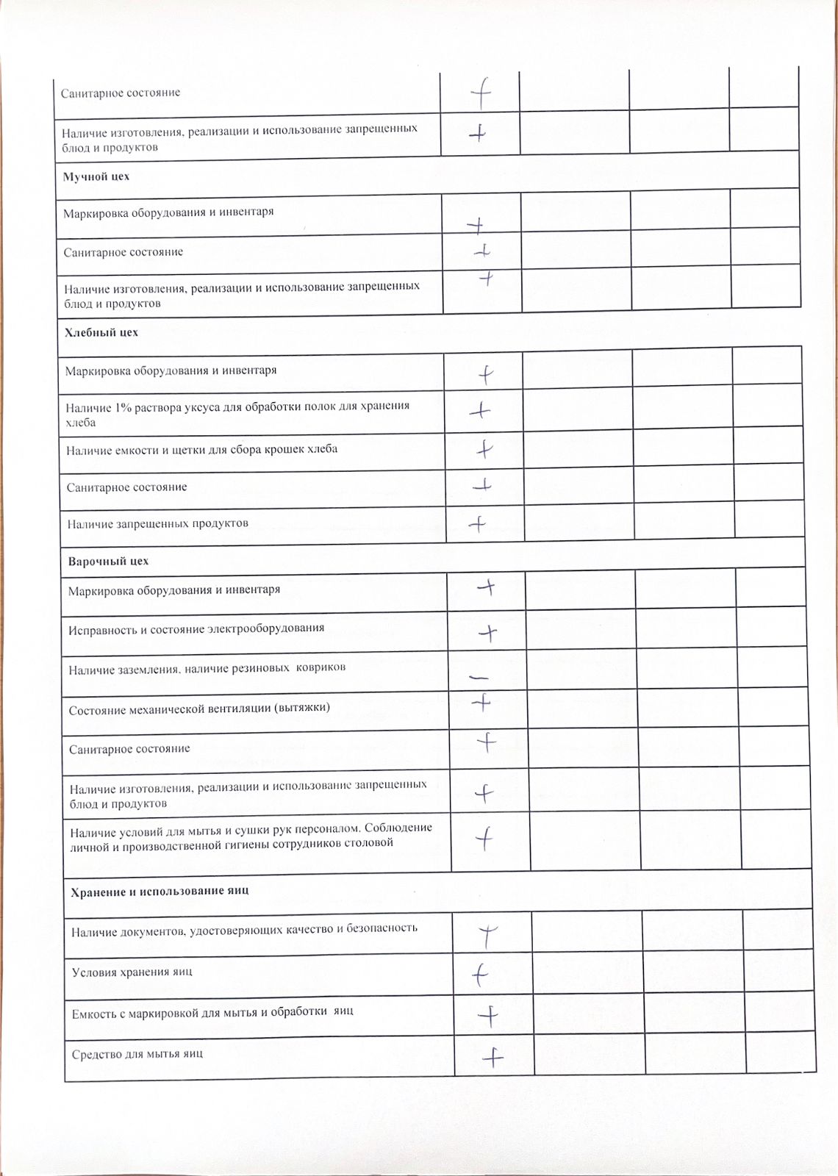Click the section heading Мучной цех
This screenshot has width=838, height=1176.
click(96, 177)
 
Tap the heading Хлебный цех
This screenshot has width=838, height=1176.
click(101, 333)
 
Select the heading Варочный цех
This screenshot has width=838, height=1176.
click(108, 562)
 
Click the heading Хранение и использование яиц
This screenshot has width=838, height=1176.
click(160, 891)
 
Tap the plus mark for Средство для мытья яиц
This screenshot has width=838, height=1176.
click(493, 1058)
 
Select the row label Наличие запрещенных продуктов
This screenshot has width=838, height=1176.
click(158, 524)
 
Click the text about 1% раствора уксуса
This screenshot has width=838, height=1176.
click(237, 414)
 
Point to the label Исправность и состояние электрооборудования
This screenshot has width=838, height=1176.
click(196, 629)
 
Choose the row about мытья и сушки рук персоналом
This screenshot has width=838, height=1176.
click(251, 836)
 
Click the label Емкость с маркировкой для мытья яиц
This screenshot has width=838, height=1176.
click(212, 1012)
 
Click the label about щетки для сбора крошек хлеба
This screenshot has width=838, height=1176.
click(201, 449)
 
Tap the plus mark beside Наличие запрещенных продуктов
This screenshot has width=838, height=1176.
click(478, 525)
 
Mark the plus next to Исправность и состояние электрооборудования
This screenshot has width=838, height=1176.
click(488, 632)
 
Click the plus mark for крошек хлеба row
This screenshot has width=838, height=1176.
click(484, 448)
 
